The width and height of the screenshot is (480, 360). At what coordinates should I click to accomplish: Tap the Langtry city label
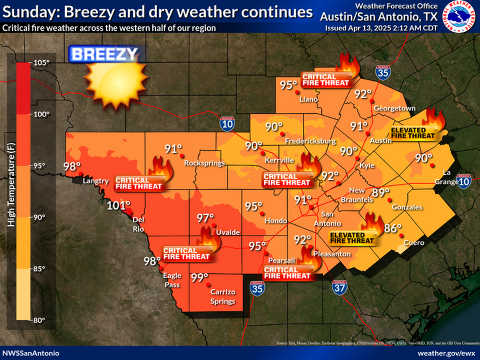pos(96,181)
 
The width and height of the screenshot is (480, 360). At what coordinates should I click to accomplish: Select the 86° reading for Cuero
pos(392,229)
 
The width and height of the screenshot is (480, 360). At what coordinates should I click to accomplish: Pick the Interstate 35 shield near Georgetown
pos(383,72)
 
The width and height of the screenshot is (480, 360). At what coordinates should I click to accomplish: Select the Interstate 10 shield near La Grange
pos(464,181)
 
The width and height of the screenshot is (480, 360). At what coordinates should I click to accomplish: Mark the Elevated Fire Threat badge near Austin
pos(413,133)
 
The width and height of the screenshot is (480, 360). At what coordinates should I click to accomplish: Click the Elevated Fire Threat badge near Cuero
pos(352,238)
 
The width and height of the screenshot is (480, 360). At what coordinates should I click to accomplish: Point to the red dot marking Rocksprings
pos(182,156)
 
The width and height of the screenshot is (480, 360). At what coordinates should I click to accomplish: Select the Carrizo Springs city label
pos(223,297)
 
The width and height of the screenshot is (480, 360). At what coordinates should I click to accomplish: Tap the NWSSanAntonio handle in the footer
pos(31,353)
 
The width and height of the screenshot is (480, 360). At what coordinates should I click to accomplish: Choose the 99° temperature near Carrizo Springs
pos(200,277)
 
